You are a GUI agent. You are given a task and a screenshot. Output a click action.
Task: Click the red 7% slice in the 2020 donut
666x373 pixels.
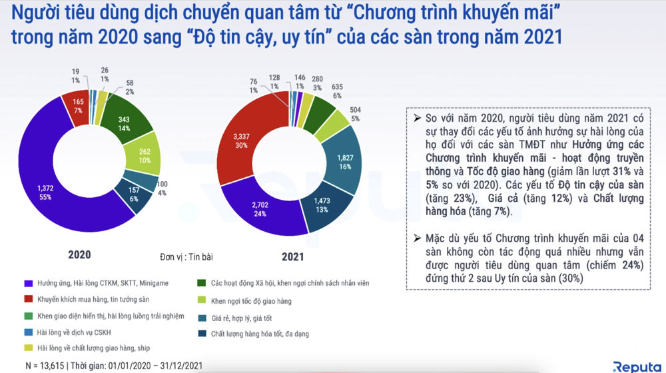[79, 105]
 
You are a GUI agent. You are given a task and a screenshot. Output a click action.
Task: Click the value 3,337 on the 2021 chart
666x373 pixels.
[240, 137]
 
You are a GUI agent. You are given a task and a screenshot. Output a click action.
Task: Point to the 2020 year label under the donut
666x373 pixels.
[79, 254]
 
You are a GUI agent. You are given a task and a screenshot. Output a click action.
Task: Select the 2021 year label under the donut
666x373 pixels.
[291, 256]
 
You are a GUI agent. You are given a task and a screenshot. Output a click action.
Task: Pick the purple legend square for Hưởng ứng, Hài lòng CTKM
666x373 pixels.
[28, 283]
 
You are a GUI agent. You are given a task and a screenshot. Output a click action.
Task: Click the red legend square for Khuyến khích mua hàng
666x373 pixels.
[28, 300]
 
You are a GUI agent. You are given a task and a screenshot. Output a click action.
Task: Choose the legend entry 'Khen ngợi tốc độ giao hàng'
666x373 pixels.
[250, 301]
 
